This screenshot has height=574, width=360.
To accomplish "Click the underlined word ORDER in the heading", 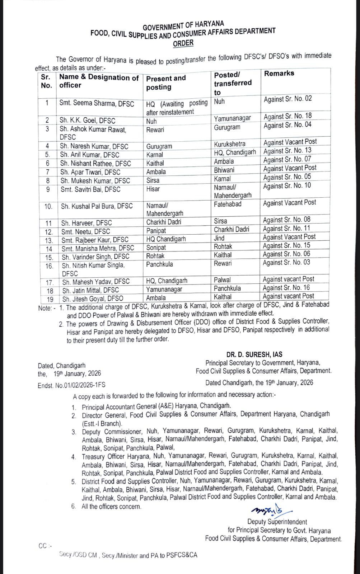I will pyautogui.click(x=183, y=43).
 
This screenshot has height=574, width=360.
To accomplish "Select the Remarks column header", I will pyautogui.click(x=279, y=73).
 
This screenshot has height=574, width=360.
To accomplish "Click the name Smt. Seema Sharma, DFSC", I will pyautogui.click(x=97, y=104).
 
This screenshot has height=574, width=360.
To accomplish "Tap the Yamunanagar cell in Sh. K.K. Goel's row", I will pyautogui.click(x=232, y=118).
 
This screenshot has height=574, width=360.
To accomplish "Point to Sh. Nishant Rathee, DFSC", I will pyautogui.click(x=95, y=164).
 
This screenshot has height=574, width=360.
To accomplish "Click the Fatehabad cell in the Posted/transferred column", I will pyautogui.click(x=228, y=204).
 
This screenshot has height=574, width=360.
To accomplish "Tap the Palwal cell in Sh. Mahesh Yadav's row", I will pyautogui.click(x=222, y=280).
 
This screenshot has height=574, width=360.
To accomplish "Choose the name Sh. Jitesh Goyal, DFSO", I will pyautogui.click(x=93, y=298).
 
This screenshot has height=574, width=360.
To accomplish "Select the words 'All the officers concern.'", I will pyautogui.click(x=111, y=507).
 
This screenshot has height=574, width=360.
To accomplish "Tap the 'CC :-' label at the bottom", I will pyautogui.click(x=45, y=546).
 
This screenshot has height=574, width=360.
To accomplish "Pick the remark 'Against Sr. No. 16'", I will pyautogui.click(x=286, y=288).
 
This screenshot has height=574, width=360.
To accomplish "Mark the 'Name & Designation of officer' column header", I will pyautogui.click(x=99, y=81).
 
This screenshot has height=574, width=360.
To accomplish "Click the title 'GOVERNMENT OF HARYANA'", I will pyautogui.click(x=183, y=26).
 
